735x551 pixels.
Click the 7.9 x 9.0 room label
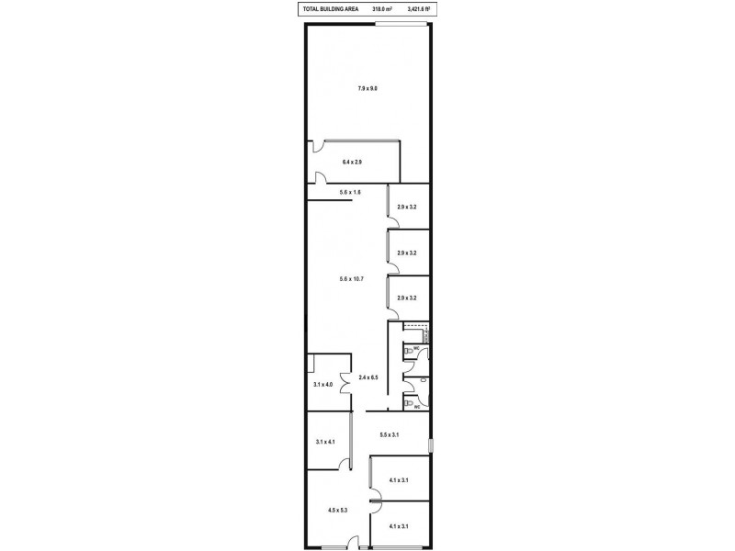point(367,88)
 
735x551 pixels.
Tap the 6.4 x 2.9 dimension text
point(352,162)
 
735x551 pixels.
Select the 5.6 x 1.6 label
point(350,192)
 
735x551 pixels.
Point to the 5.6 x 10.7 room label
point(352,278)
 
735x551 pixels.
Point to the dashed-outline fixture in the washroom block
point(416,332)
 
